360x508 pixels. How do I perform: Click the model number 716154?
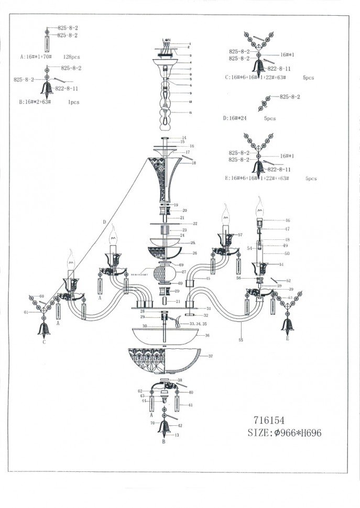coord(270,419)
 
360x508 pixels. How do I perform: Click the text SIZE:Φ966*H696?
coord(285,433)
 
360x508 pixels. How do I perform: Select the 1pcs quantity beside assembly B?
coord(73,102)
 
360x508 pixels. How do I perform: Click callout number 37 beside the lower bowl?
coord(211,356)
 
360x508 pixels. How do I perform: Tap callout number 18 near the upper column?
coord(194,163)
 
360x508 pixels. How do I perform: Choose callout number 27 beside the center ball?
coord(184,272)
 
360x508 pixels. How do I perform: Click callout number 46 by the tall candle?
coord(287,220)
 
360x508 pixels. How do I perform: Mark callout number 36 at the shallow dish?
coord(207,336)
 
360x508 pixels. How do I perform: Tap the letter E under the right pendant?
coord(288,339)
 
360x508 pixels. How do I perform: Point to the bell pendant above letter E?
coord(287,325)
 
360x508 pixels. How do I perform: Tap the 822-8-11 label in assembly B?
coord(67,89)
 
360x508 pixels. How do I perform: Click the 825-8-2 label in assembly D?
coord(289,97)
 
